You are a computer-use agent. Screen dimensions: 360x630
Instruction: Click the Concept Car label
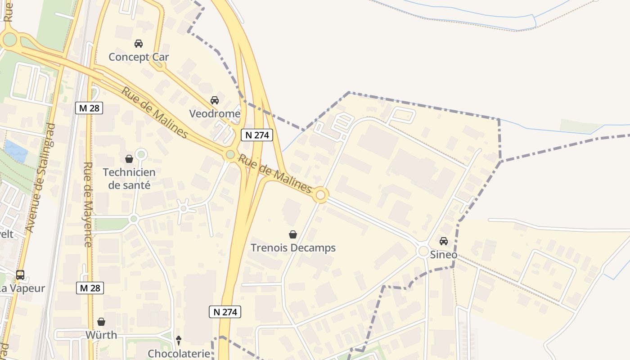click(139, 57)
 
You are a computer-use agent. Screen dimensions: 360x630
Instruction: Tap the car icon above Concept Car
click(139, 44)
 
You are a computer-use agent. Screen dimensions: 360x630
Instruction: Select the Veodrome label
click(215, 113)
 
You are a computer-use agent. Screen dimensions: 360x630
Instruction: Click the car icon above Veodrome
click(215, 100)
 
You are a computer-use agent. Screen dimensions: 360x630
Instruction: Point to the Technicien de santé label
click(129, 179)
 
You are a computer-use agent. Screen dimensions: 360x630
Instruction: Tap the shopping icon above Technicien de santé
click(129, 159)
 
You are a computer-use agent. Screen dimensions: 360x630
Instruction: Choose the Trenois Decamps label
click(293, 247)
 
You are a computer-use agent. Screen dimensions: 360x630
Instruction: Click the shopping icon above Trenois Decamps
click(293, 234)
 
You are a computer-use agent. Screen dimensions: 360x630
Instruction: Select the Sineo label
click(443, 255)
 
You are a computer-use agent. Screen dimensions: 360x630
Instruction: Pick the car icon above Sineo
click(444, 241)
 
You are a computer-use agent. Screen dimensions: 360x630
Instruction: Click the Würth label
click(101, 335)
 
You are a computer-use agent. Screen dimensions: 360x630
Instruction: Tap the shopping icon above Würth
click(101, 322)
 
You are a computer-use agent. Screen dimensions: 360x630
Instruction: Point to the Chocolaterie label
click(179, 354)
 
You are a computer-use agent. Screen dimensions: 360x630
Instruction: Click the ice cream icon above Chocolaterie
click(179, 340)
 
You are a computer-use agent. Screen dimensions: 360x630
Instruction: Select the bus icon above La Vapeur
click(20, 275)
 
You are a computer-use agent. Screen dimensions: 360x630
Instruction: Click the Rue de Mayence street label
click(88, 204)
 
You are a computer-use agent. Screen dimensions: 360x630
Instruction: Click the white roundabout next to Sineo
click(423, 251)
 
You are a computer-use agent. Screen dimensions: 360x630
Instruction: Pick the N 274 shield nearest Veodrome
click(257, 135)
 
